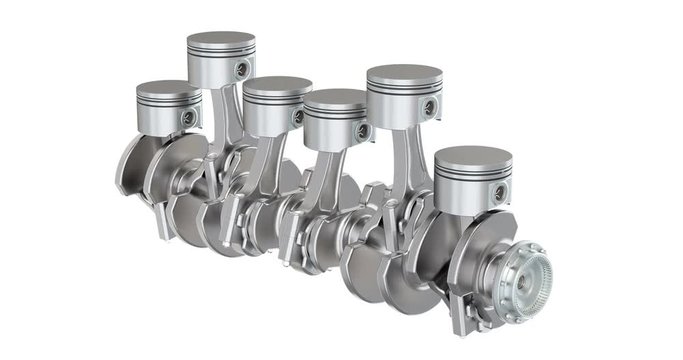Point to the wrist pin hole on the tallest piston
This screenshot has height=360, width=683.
[242, 69]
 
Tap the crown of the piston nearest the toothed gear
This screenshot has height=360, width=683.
[473, 158]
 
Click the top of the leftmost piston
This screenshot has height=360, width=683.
[168, 88]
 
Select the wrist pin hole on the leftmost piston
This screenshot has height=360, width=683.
[188, 118]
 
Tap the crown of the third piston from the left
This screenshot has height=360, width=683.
[277, 85]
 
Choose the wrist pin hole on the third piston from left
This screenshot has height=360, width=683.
[298, 117]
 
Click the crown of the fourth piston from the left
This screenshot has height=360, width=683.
[335, 99]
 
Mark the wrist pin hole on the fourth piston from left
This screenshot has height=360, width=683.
[362, 130]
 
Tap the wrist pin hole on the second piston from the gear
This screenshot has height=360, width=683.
[430, 106]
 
